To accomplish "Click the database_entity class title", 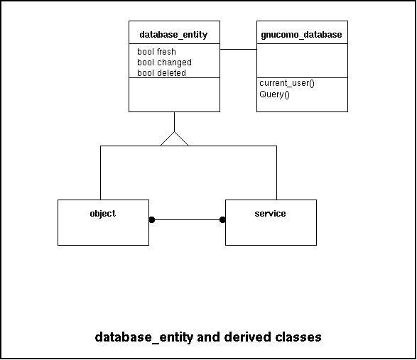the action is (173, 35).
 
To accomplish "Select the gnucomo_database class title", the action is (301, 35).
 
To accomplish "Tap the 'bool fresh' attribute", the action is (156, 52).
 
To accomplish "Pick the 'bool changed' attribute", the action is (164, 62).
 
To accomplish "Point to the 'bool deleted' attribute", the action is (161, 73).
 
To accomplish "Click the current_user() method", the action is (287, 83).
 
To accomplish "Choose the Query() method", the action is (274, 94).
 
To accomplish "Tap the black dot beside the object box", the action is (151, 220).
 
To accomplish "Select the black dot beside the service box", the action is (222, 220).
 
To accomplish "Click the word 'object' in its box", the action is (103, 214).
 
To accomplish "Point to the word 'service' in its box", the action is (270, 214).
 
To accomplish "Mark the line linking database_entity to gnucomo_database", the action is (238, 49).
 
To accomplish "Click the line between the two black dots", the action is (187, 220).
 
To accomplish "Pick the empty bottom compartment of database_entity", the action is (175, 94).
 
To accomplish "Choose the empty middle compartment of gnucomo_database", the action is (302, 60).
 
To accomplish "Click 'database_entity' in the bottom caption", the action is (144, 338).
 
